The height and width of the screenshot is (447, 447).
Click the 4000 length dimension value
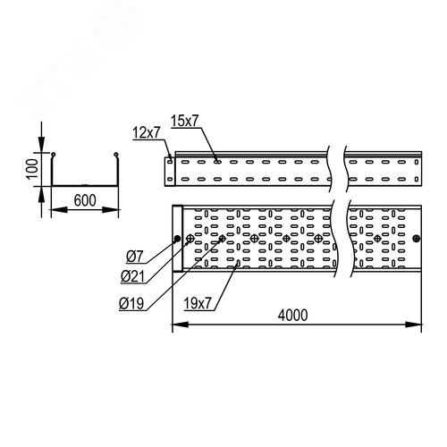pos(292,316)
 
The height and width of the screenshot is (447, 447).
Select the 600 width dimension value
pos(85,200)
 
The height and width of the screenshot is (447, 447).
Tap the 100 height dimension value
pos(32,169)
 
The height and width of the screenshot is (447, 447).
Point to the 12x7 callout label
pos(147,132)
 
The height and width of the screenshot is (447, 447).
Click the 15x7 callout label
pos(184,121)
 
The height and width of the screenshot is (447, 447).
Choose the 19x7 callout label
pos(198,304)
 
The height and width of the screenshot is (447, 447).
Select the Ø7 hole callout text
pos(135,257)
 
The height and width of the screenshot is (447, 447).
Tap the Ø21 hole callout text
pos(132,277)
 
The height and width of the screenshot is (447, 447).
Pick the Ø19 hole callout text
pos(131,304)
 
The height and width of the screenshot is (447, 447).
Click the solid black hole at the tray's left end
pos(177,239)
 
